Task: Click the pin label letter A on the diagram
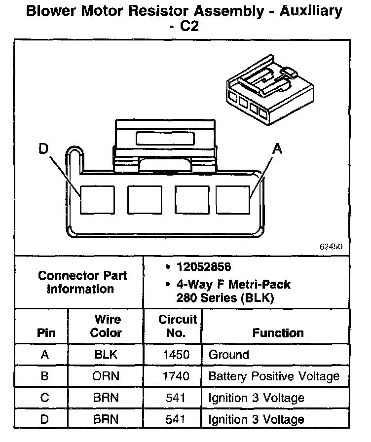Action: pos(278,148)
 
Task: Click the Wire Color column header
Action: pos(106,326)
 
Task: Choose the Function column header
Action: pos(278,333)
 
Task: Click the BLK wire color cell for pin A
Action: pos(106,355)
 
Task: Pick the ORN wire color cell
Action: pos(106,376)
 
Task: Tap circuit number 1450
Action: pos(176,355)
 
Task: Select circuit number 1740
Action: pos(176,376)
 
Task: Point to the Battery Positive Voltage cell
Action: pos(274,376)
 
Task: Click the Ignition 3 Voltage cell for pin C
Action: pos(257,398)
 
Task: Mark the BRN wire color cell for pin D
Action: pos(106,420)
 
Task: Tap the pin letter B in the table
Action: pos(44,376)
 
